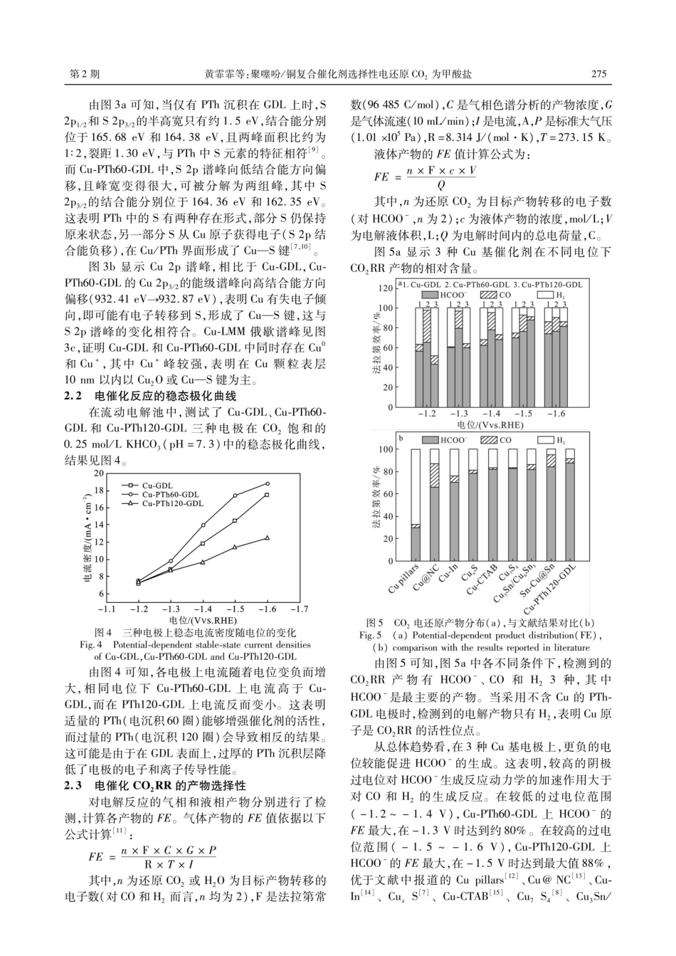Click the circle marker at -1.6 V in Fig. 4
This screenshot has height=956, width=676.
click(x=268, y=483)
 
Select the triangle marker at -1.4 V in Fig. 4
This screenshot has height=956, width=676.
click(x=203, y=562)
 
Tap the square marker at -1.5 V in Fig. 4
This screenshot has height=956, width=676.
click(x=235, y=520)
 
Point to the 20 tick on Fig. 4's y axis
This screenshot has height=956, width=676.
click(x=98, y=473)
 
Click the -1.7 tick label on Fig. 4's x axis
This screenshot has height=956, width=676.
click(x=300, y=609)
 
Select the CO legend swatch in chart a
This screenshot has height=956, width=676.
click(x=488, y=295)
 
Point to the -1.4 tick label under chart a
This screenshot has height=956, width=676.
click(x=491, y=413)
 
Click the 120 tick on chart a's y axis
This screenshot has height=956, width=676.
click(x=385, y=288)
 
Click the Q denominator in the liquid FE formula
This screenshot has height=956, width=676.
click(x=441, y=185)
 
